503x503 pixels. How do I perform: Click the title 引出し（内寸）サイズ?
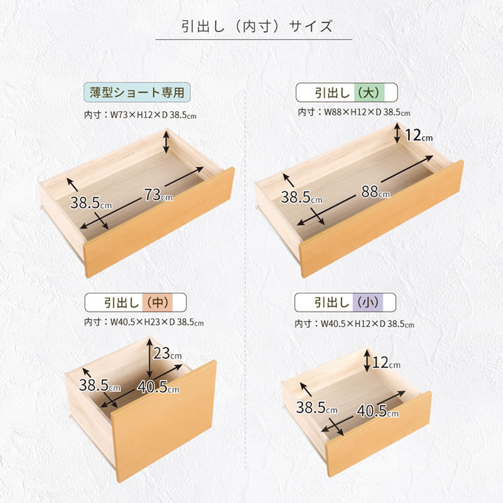tap(256, 27)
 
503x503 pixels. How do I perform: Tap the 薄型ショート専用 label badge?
tap(137, 92)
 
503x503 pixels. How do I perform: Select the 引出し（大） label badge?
tap(347, 93)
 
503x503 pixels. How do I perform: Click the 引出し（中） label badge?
tap(136, 302)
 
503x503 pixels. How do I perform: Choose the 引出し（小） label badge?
tap(345, 302)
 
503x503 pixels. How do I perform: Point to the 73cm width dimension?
tap(158, 195)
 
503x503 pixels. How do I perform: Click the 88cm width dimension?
tap(375, 192)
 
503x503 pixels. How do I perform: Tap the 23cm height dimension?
tap(167, 353)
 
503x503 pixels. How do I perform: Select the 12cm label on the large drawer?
tap(418, 135)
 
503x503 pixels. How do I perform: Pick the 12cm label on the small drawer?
tap(386, 363)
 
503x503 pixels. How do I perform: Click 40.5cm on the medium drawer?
tap(158, 386)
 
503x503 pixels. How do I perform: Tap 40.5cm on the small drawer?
tap(377, 411)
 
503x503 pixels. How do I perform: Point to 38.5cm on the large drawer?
tap(302, 197)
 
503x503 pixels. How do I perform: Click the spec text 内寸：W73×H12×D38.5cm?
tap(140, 115)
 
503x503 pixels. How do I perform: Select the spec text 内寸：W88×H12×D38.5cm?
tap(353, 112)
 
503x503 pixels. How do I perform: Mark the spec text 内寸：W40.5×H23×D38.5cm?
tap(144, 322)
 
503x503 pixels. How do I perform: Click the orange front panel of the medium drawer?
tap(164, 421)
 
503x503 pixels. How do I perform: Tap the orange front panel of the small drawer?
tap(379, 434)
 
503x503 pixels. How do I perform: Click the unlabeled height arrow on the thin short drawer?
tap(166, 141)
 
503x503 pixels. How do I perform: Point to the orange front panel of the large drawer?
tap(381, 218)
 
